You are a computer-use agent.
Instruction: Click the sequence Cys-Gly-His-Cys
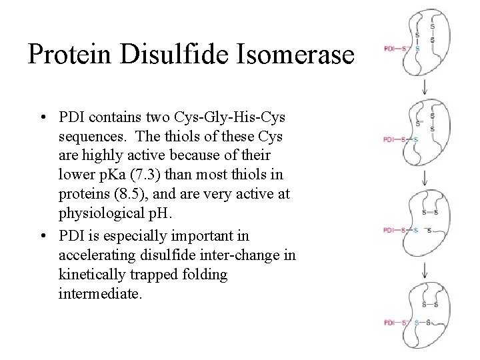coord(233,118)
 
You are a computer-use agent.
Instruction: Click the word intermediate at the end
coord(100,293)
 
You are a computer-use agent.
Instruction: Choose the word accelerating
coord(97,254)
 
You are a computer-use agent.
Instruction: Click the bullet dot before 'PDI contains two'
coord(42,119)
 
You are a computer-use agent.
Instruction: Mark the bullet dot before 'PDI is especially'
coord(42,235)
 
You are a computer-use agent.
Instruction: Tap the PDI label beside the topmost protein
coord(390,48)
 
